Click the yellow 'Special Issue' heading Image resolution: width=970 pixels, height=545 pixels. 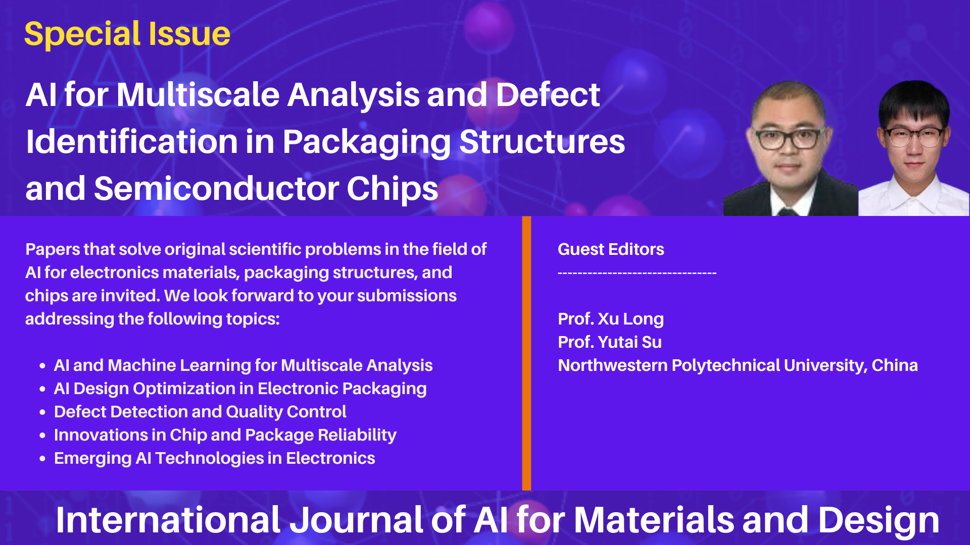[127, 34]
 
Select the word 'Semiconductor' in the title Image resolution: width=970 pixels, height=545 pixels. [216, 189]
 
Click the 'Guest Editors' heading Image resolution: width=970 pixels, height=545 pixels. [611, 249]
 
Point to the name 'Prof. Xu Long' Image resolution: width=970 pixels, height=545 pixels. [611, 319]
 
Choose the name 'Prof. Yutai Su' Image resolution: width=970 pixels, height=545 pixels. [610, 342]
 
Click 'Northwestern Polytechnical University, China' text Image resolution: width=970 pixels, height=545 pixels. [738, 365]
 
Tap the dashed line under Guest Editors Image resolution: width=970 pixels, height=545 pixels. [637, 274]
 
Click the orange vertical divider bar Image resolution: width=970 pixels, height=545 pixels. [526, 353]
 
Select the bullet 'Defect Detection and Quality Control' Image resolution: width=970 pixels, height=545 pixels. [200, 412]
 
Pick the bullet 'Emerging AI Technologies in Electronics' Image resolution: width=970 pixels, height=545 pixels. [215, 458]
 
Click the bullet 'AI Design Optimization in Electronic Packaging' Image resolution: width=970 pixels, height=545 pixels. [240, 389]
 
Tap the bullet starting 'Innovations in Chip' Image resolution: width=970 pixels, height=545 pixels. [225, 435]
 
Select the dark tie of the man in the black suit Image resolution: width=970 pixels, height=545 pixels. [788, 211]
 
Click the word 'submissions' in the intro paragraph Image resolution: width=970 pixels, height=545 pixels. [407, 296]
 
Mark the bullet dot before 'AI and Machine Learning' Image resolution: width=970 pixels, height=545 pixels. [42, 366]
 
